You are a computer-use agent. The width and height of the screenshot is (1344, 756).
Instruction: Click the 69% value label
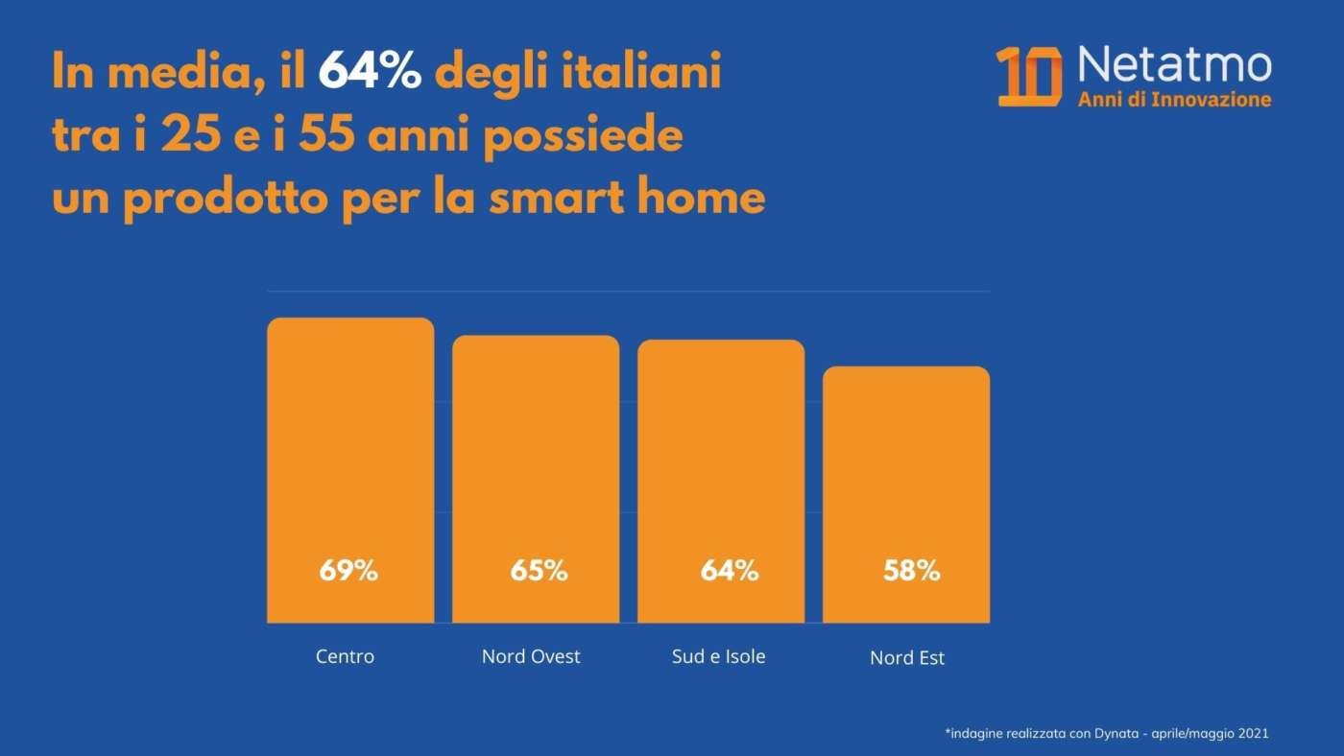(x=348, y=571)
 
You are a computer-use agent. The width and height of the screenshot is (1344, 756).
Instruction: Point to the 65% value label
(x=539, y=571)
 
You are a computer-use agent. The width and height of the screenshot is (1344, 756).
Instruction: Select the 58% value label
(x=911, y=571)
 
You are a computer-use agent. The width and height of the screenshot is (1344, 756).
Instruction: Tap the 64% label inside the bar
(x=730, y=571)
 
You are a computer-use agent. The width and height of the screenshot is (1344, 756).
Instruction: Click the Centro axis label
(x=345, y=657)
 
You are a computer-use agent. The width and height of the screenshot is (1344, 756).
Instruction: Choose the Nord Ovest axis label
(x=531, y=657)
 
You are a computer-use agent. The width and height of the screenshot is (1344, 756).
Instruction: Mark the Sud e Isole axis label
(x=719, y=657)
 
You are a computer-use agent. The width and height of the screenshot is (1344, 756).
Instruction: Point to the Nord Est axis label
(x=907, y=658)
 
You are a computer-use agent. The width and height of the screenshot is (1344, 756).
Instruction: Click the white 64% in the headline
(x=370, y=73)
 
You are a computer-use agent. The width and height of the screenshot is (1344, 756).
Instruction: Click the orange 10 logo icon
(x=1029, y=76)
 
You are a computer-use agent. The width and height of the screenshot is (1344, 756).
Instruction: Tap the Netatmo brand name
(x=1174, y=65)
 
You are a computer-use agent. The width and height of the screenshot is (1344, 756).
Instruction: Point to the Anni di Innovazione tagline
(x=1174, y=100)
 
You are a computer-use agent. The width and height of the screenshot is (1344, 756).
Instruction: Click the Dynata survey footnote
(x=1107, y=733)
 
